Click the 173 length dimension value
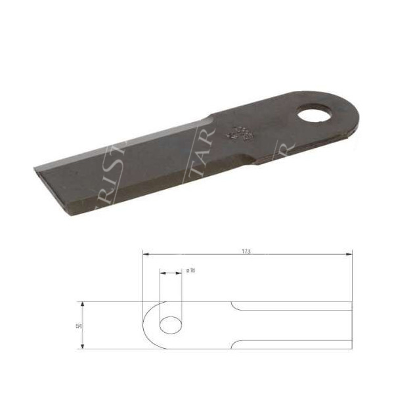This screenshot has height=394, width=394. click(x=246, y=251)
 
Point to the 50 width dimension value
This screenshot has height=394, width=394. click(x=77, y=326)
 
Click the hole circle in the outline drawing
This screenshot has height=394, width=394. click(x=172, y=325)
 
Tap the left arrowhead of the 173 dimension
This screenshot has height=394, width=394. click(x=146, y=253)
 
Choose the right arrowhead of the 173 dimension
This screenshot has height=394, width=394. click(x=349, y=253)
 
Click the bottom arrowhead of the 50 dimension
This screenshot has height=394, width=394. click(x=82, y=345)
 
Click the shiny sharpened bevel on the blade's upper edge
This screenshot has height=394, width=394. click(x=131, y=141)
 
